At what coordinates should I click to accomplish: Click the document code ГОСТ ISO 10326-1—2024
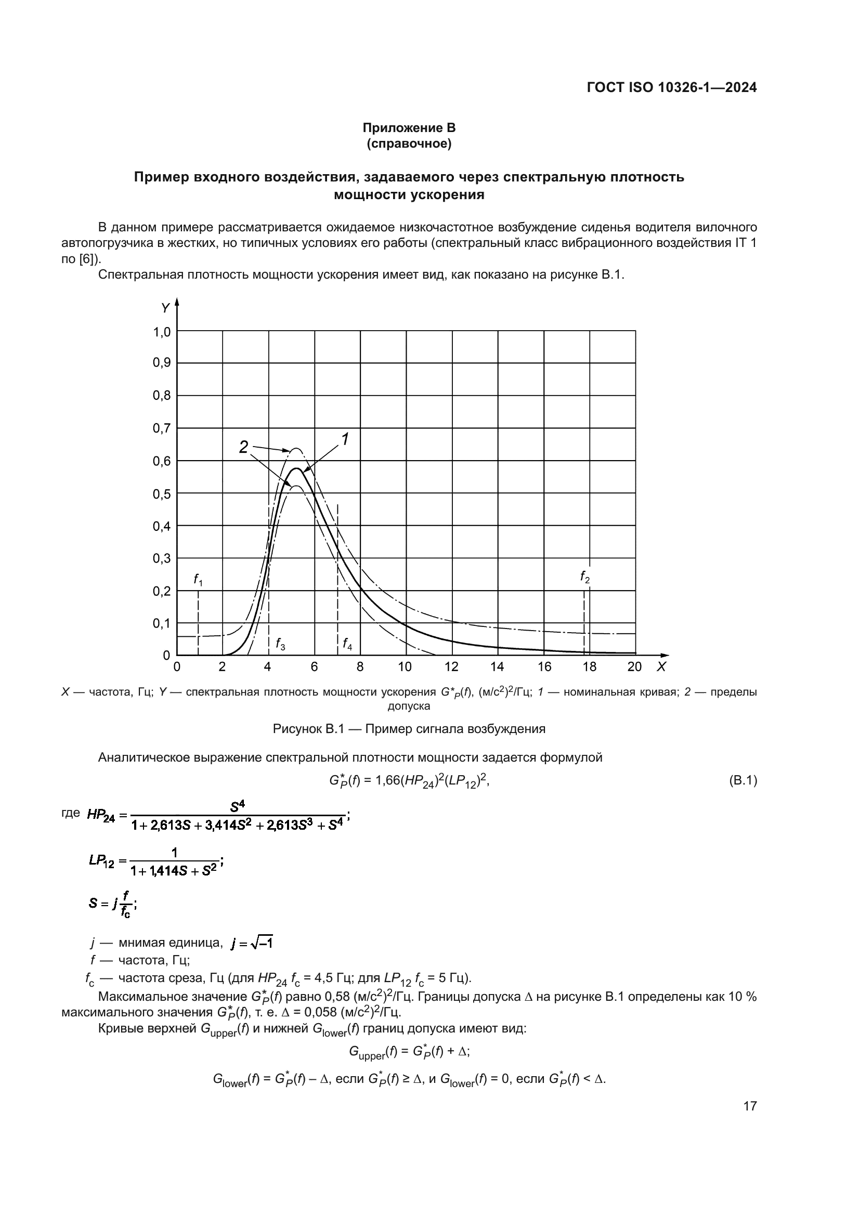coord(671,88)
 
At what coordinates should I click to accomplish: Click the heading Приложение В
coord(409,128)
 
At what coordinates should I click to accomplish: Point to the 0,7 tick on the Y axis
coord(162,428)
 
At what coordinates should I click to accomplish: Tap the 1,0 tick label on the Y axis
coord(162,332)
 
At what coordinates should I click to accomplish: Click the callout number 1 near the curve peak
coord(345,439)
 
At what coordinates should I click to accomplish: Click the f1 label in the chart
coord(198,581)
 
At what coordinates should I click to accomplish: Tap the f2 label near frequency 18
coord(584,577)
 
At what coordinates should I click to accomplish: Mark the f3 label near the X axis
coord(280,644)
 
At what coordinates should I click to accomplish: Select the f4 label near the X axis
coord(347,644)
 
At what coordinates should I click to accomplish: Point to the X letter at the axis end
coord(661,668)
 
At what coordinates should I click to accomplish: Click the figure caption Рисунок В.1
coord(409,729)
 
